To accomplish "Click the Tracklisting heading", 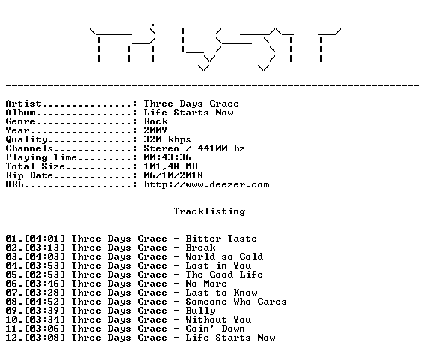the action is pos(209,211).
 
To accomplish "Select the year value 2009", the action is pos(155,130).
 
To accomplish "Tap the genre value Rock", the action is pos(155,121).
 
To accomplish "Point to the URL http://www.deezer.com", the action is pos(206,184).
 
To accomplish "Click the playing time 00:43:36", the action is pos(167,157).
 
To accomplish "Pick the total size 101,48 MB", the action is pos(170,166).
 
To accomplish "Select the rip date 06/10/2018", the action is pos(173,175).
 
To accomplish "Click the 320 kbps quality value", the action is pos(167,139).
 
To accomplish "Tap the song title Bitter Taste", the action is pos(221,238).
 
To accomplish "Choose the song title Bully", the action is pos(200,310).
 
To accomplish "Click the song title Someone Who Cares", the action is pos(236,301).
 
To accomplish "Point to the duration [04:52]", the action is pos(45,301).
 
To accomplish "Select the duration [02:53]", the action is pos(45,274).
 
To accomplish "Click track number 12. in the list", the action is pos(13,337).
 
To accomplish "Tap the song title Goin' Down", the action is pos(215,328).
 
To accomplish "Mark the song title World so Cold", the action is pos(224,256).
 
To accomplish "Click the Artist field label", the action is pos(23,103).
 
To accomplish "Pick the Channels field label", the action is pos(29,148).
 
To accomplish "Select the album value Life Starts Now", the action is pos(188,112).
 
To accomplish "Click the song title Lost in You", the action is pos(218,265).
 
